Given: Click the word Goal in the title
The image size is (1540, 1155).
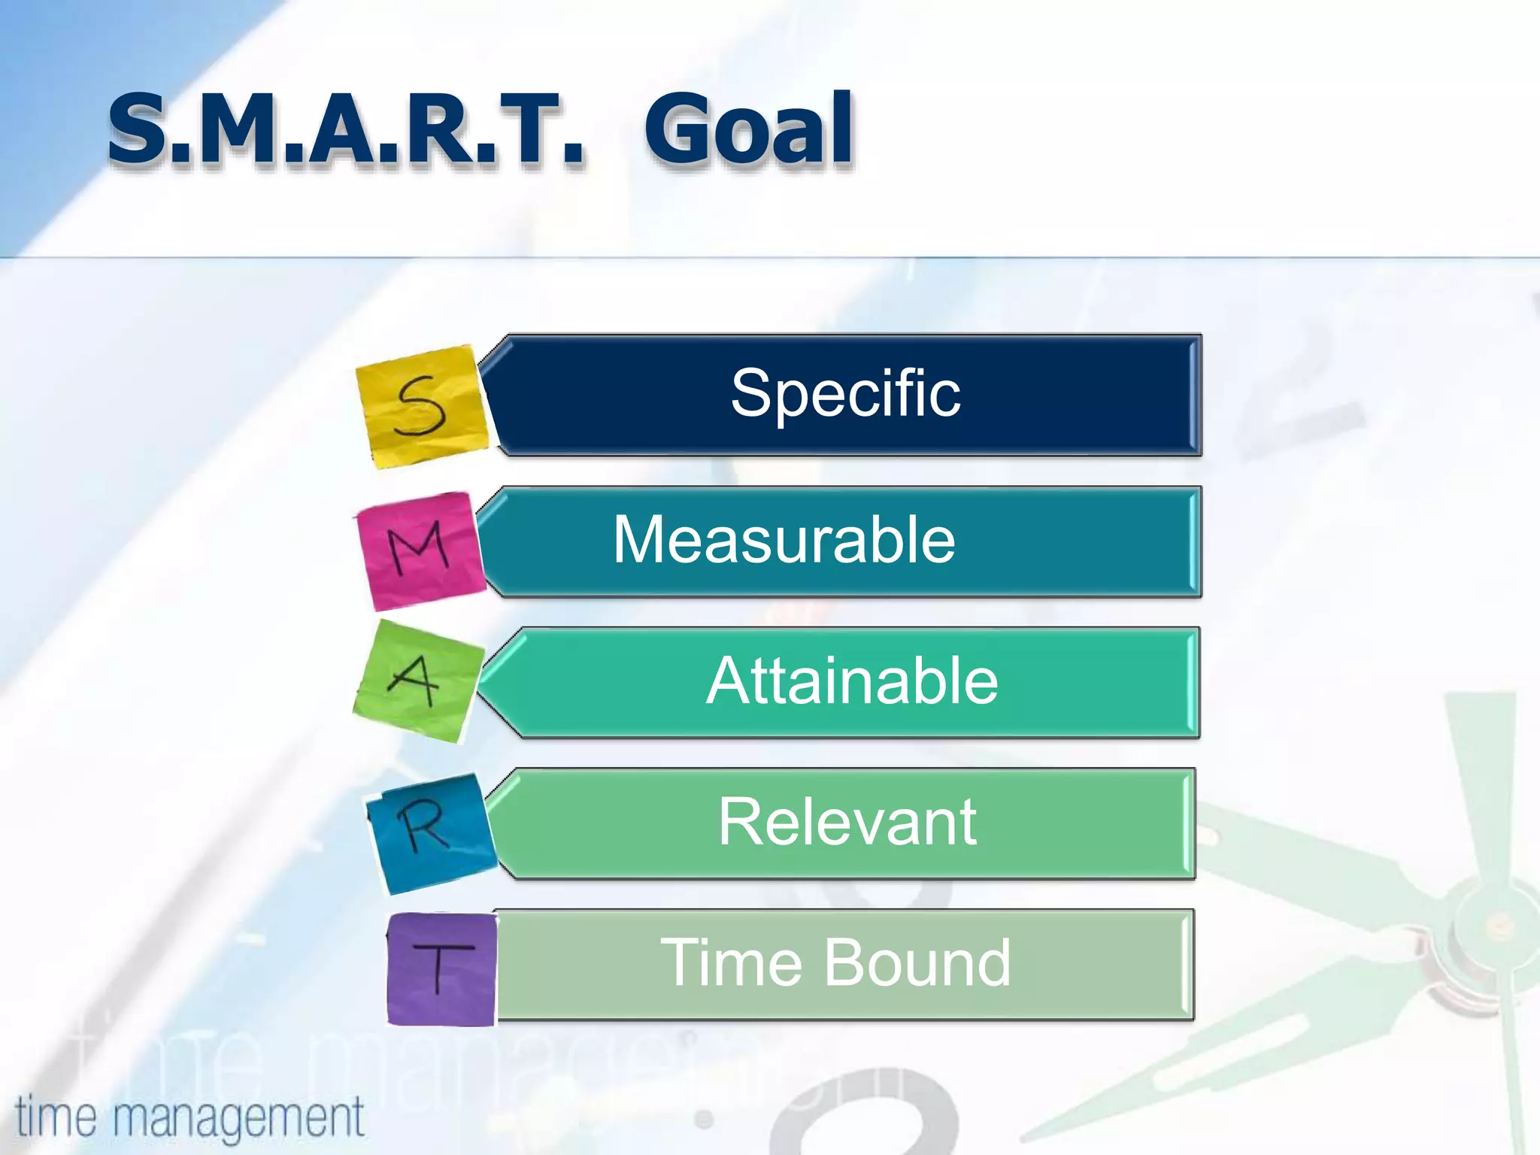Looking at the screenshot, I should coord(749,129).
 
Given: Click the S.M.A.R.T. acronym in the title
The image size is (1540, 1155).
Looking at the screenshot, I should coord(346,129).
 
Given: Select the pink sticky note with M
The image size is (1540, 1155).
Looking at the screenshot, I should coord(420,550).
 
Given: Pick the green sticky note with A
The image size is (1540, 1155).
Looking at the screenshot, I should coord(416,681).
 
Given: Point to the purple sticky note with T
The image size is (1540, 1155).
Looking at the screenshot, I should coord(441,969).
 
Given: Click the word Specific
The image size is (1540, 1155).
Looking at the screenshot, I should coord(845,394).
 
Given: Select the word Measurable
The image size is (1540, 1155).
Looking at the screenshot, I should coord(784,540).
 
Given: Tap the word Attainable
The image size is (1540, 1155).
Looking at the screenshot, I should coord(852,681).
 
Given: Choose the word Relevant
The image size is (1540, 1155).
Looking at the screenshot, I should coord(847,823).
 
